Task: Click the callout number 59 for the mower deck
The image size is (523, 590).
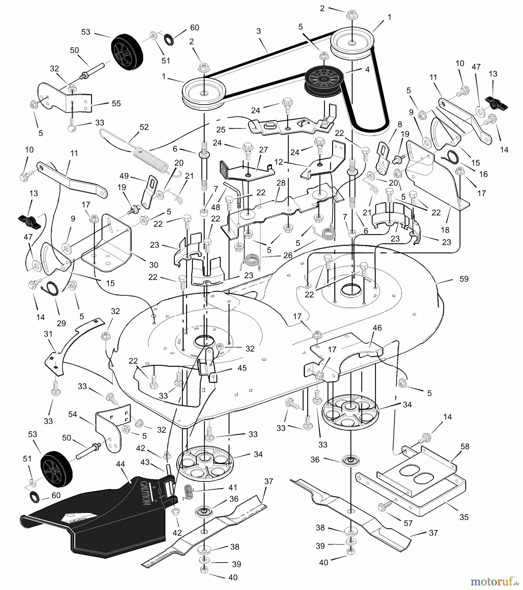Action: [x=464, y=279]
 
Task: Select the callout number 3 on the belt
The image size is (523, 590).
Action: [x=259, y=31]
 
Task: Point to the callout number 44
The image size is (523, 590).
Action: [x=121, y=464]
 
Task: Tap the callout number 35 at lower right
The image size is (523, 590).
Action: [x=464, y=517]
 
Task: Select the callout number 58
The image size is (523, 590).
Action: [x=465, y=446]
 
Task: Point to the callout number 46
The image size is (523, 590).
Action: [x=377, y=327]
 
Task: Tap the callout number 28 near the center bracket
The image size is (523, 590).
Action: [x=281, y=183]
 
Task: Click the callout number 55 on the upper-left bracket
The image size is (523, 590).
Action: [x=116, y=104]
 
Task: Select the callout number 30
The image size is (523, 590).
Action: [x=154, y=265]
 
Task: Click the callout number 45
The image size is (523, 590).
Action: [x=242, y=368]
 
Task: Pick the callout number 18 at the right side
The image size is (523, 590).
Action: [x=445, y=230]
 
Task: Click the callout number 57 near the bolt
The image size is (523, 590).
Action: [x=408, y=523]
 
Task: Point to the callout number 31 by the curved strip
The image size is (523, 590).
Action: [x=48, y=334]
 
